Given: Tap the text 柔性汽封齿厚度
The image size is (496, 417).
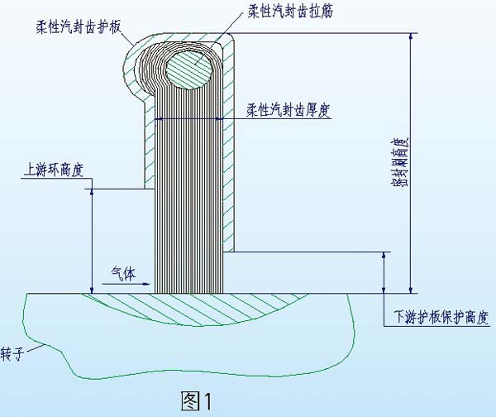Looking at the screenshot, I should coord(289,108).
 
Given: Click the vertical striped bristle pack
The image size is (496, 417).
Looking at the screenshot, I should coord(190,207).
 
